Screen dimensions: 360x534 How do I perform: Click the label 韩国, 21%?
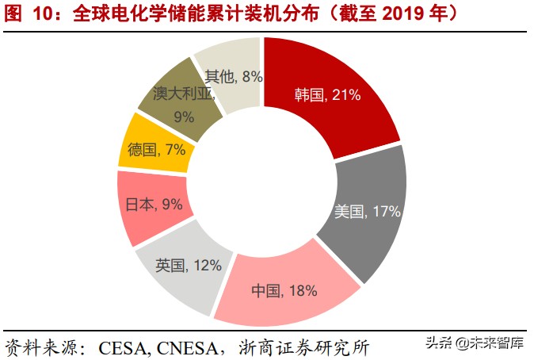pyautogui.click(x=327, y=95)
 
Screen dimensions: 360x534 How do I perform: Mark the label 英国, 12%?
pyautogui.click(x=189, y=265)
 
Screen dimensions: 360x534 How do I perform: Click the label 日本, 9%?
pyautogui.click(x=154, y=204)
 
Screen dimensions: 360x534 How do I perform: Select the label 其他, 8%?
pyautogui.click(x=233, y=76)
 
